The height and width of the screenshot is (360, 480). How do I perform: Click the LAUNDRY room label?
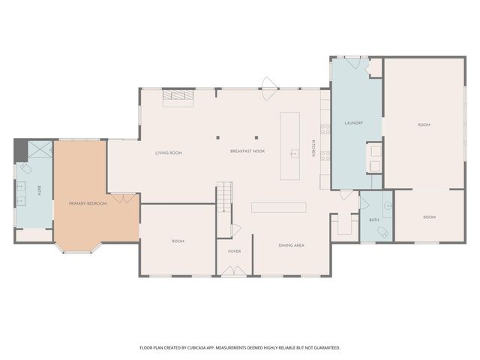[x=353, y=122]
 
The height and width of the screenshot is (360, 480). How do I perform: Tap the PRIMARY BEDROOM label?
[x=88, y=203]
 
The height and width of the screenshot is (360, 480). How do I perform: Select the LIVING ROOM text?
[x=169, y=152]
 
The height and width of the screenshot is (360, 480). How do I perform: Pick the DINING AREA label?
[x=291, y=245]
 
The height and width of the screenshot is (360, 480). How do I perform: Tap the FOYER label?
[x=235, y=250]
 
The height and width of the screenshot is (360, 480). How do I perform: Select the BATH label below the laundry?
[x=374, y=220]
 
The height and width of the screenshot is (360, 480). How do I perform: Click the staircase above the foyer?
[x=226, y=197]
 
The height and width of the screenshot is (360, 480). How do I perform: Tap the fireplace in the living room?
[x=178, y=96]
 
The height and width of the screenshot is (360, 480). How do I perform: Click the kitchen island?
[x=290, y=146]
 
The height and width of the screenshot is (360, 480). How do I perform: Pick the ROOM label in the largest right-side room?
[x=424, y=124]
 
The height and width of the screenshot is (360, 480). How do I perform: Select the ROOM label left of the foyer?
[x=178, y=241]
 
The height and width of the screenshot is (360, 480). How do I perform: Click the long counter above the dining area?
[x=279, y=207]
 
